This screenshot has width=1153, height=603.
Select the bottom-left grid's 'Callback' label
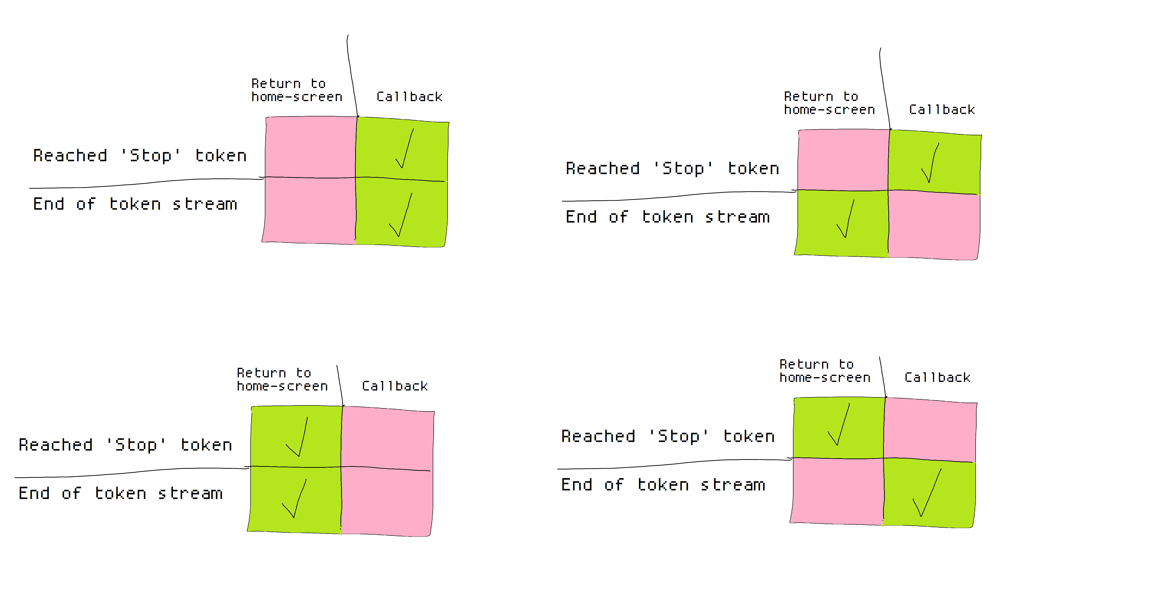click(394, 386)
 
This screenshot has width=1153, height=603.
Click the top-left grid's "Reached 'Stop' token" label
click(140, 155)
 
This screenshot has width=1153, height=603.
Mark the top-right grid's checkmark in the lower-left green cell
click(845, 219)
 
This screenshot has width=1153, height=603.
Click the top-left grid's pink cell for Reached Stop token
click(311, 147)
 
